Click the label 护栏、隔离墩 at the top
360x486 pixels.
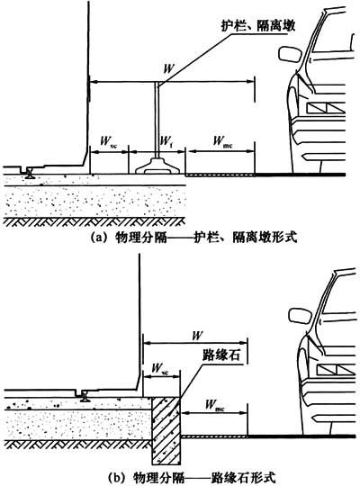click(x=258, y=26)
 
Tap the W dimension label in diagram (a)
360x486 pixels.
click(x=168, y=68)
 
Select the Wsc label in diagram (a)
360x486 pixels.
click(x=108, y=142)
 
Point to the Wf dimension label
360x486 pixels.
click(x=166, y=142)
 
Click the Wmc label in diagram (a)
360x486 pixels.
click(x=222, y=141)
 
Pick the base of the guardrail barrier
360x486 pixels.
click(x=157, y=166)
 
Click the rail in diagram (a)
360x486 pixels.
click(x=30, y=173)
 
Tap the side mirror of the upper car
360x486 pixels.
click(x=290, y=54)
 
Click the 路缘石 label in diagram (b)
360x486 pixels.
click(x=221, y=355)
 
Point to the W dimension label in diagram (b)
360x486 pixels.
click(x=197, y=336)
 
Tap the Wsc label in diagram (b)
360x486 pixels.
click(x=159, y=369)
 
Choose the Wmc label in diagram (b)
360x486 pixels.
click(x=215, y=405)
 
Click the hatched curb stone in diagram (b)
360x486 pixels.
click(x=166, y=431)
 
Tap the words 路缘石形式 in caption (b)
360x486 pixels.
click(x=243, y=478)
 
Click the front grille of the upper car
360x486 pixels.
click(x=326, y=107)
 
